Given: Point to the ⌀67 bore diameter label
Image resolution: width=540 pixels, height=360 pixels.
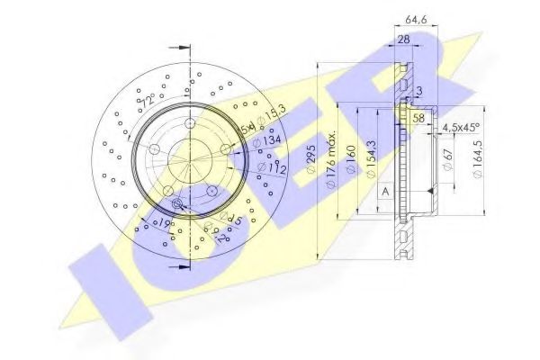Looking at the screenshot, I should (x=448, y=160).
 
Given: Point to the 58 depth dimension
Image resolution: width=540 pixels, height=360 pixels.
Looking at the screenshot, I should (x=418, y=118).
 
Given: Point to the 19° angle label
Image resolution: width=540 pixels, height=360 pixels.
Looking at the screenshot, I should (x=163, y=220).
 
